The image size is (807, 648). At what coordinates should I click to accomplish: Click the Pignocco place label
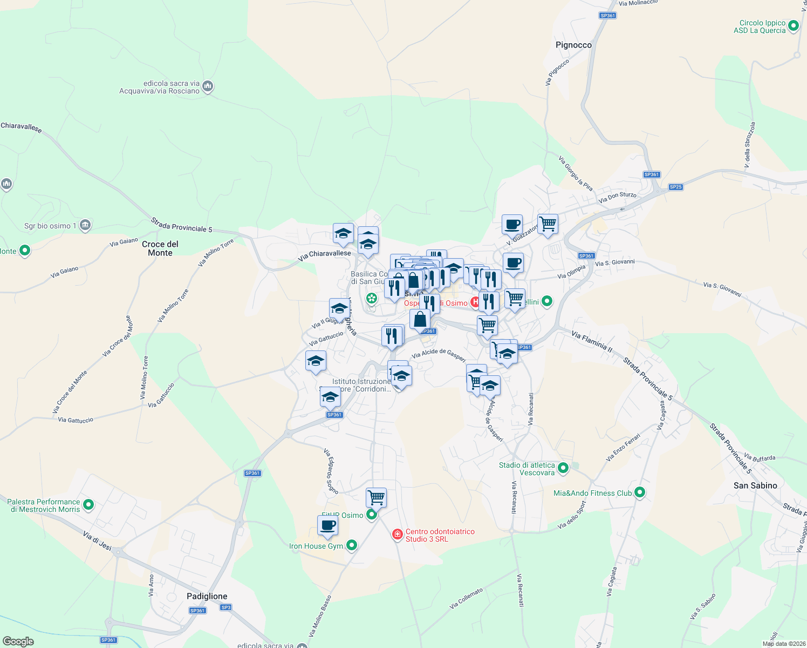tap(573, 45)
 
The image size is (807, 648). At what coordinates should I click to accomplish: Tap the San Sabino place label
tap(755, 485)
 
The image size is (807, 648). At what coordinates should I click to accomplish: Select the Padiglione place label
tap(207, 596)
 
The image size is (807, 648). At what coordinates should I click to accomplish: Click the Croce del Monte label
tap(160, 248)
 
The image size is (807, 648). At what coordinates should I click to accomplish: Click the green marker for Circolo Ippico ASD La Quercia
tap(794, 25)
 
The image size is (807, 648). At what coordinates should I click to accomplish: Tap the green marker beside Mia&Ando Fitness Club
tap(640, 492)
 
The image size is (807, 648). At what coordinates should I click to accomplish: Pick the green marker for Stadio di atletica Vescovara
tap(563, 468)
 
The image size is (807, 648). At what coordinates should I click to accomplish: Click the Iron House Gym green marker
tap(352, 545)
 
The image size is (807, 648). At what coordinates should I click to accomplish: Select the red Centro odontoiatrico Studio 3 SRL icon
tap(398, 535)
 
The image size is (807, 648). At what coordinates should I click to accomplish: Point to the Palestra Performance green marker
tap(89, 505)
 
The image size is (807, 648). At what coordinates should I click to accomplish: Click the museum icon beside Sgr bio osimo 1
tap(85, 225)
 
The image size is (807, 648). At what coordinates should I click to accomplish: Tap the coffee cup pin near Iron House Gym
tap(327, 525)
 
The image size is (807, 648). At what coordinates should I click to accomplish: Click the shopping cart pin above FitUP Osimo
tap(376, 497)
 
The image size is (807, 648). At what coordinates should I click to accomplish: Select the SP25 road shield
tap(675, 187)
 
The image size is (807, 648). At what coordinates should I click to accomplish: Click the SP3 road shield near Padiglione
tap(225, 607)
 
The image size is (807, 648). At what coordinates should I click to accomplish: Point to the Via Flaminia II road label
tap(592, 342)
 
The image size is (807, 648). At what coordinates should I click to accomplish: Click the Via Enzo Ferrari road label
tap(623, 447)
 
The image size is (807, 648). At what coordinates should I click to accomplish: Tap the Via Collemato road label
tap(467, 599)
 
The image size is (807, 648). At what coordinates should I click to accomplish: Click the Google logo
tap(18, 642)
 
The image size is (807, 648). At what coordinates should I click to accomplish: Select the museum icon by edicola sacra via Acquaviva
tap(208, 86)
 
